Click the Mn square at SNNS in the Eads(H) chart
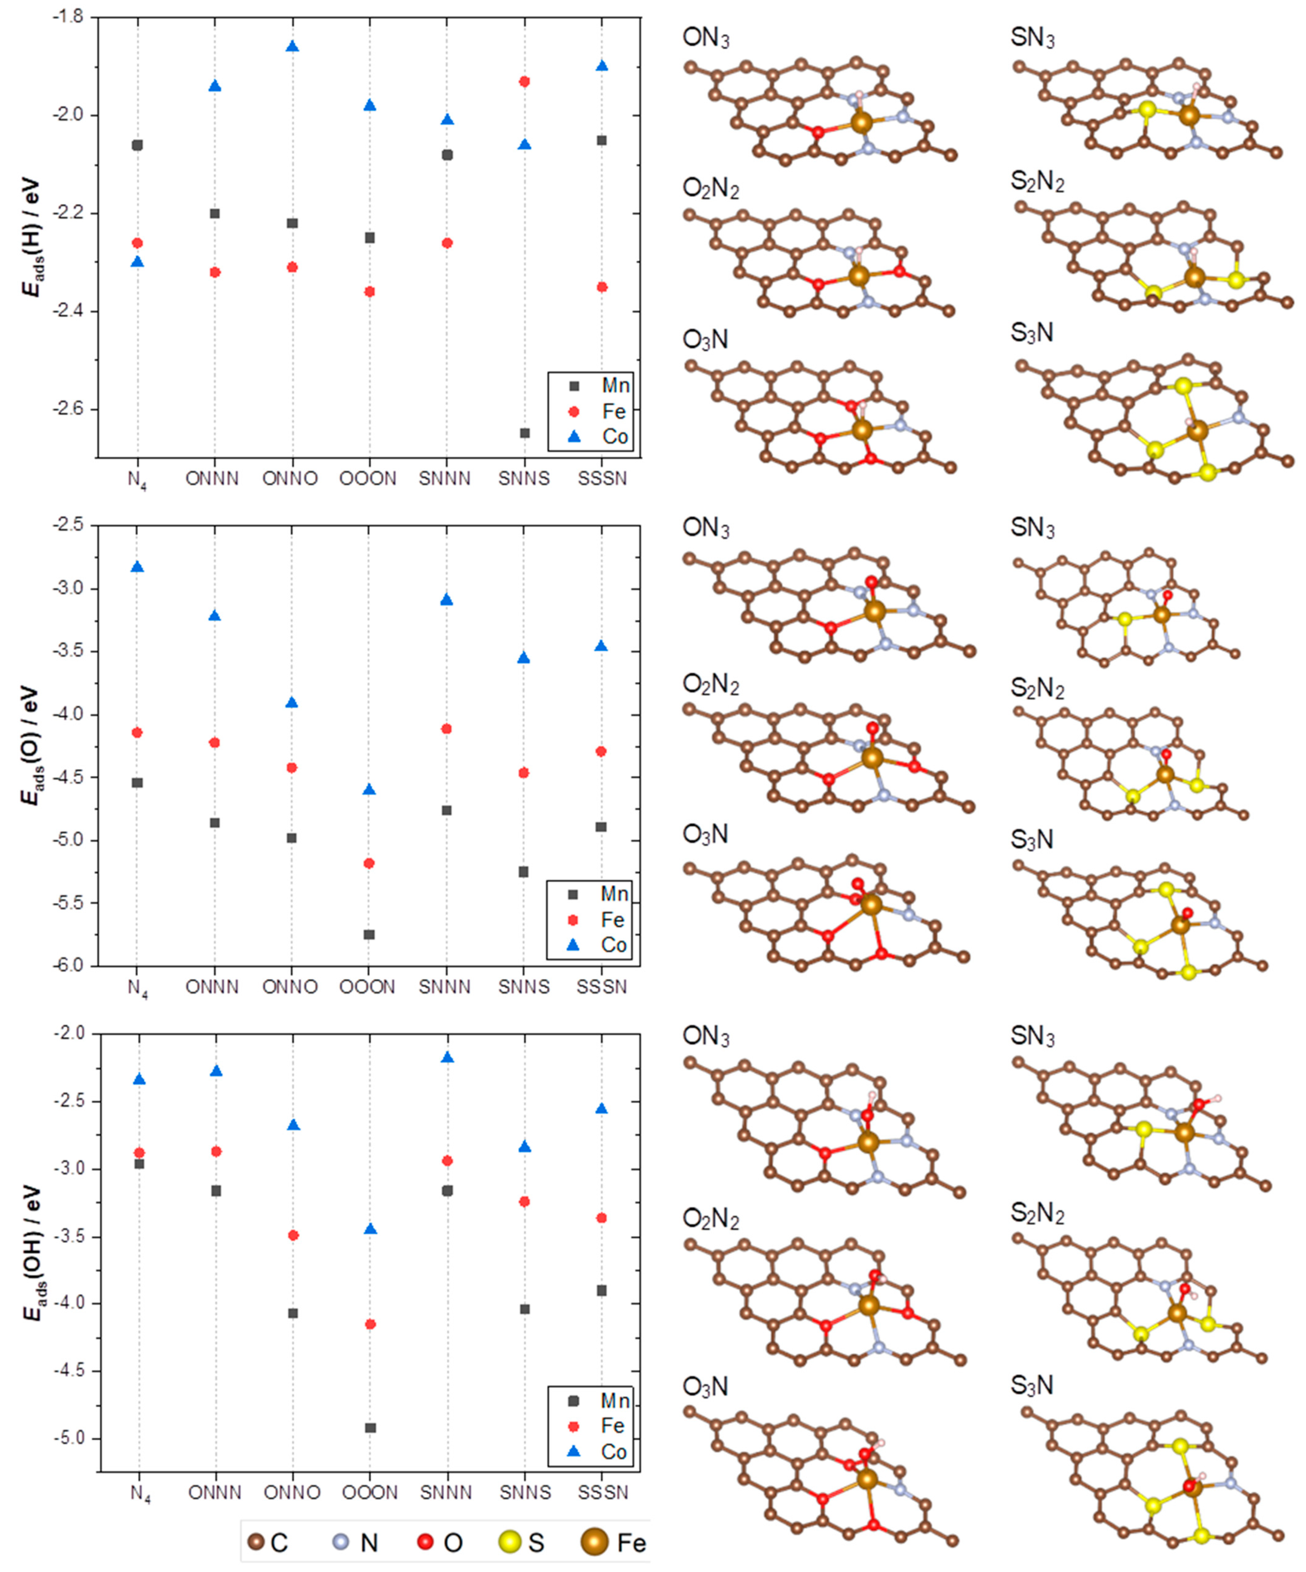(525, 433)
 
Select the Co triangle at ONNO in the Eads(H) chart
(292, 46)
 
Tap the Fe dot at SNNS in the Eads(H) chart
(525, 81)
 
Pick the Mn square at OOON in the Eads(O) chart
(369, 934)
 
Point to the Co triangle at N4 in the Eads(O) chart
(137, 567)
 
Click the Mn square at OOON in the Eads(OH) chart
(370, 1427)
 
